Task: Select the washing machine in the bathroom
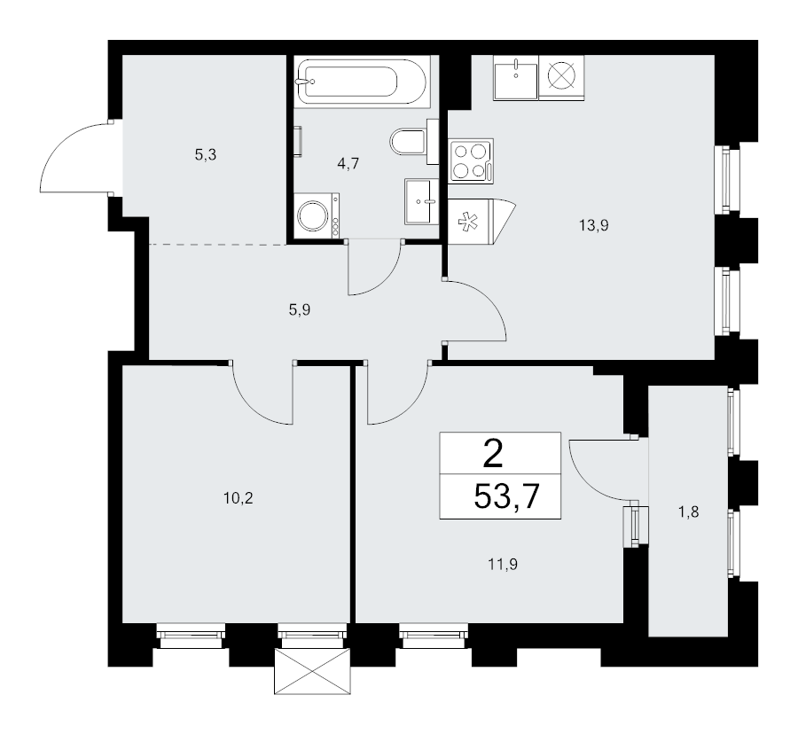tap(315, 215)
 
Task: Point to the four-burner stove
tap(471, 161)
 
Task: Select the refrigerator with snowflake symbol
tap(473, 221)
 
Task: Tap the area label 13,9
tap(594, 225)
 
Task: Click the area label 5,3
tap(206, 154)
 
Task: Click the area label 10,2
tap(239, 497)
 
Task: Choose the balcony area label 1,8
tap(689, 511)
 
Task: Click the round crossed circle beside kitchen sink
tap(561, 76)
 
